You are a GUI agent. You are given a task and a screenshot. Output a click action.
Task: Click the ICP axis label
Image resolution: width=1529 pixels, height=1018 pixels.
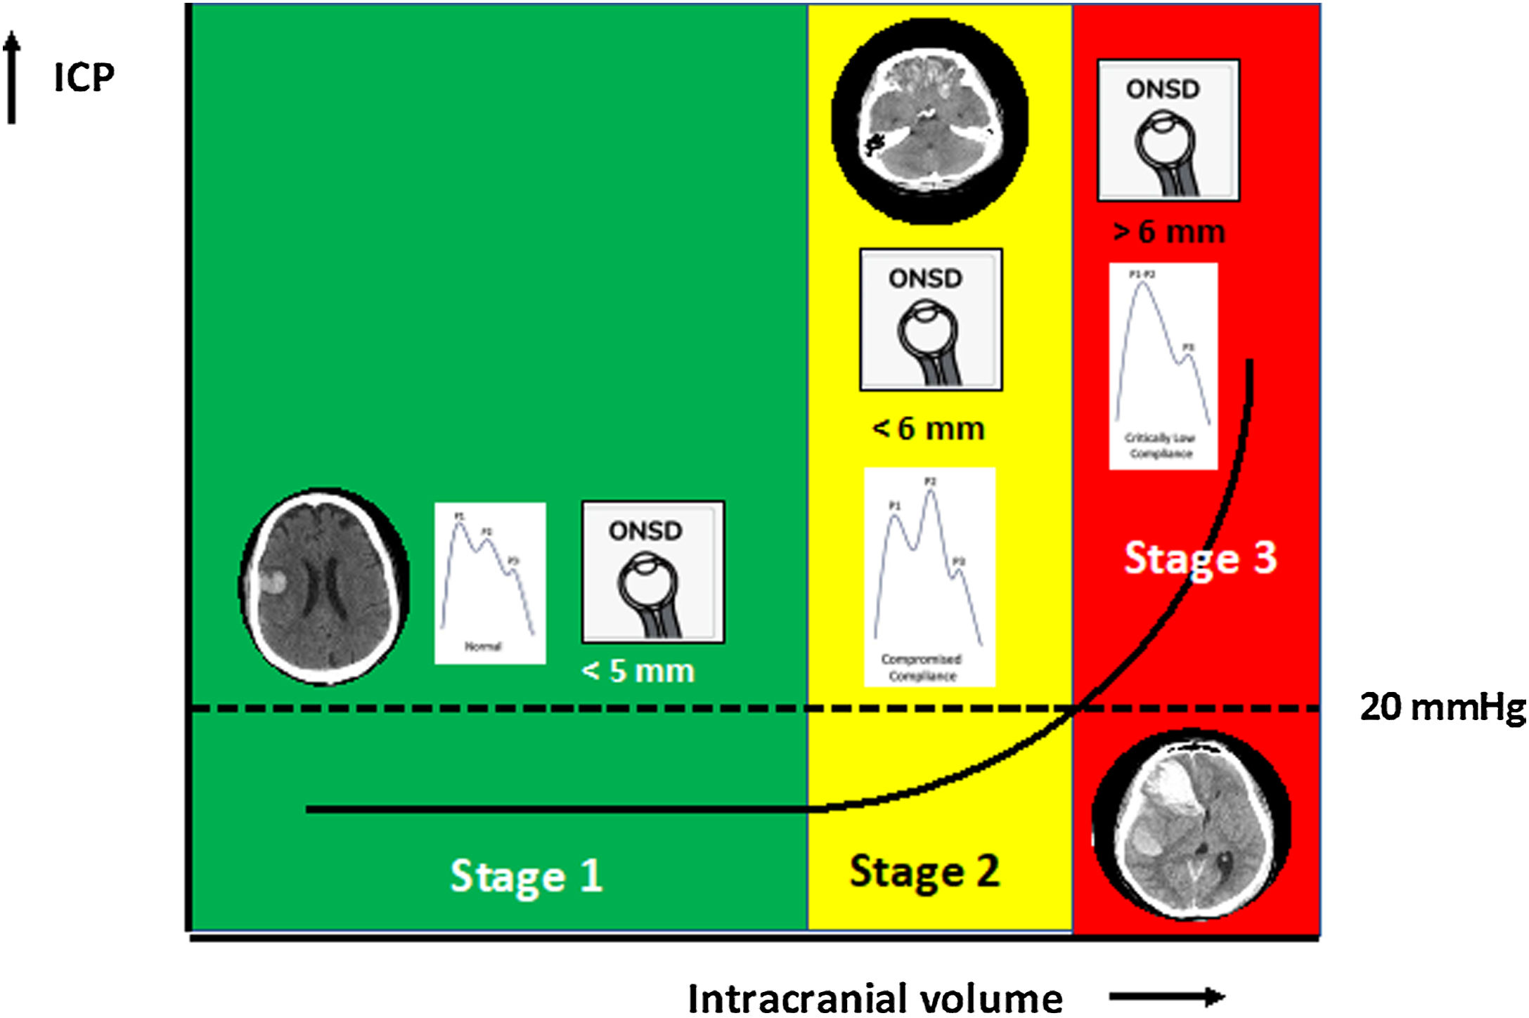pyautogui.click(x=84, y=77)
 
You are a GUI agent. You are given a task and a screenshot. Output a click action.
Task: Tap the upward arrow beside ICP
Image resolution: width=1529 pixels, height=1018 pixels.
pyautogui.click(x=11, y=77)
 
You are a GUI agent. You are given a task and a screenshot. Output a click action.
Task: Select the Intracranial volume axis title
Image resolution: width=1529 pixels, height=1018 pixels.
pyautogui.click(x=875, y=998)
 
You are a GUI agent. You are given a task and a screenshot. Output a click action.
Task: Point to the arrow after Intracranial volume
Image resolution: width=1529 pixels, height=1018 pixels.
pyautogui.click(x=1167, y=996)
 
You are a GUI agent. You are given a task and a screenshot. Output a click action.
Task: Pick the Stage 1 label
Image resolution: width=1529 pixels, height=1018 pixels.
pyautogui.click(x=526, y=876)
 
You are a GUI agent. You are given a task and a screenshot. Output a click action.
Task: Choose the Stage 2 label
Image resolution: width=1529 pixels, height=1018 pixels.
pyautogui.click(x=924, y=871)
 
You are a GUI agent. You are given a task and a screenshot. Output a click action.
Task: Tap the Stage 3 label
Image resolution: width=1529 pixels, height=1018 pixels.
pyautogui.click(x=1200, y=559)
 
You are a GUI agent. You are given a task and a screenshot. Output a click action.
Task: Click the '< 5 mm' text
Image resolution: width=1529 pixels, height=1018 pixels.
pyautogui.click(x=638, y=671)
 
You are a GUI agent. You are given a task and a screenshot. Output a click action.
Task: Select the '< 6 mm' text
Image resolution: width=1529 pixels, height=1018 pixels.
pyautogui.click(x=928, y=429)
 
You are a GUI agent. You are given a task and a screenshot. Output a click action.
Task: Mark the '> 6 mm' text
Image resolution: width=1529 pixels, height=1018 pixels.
pyautogui.click(x=1169, y=232)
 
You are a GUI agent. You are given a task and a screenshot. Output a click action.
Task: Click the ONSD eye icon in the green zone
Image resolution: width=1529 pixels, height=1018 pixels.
pyautogui.click(x=653, y=571)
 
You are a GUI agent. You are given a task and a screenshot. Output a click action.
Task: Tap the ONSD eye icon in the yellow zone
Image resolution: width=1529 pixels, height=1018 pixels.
pyautogui.click(x=931, y=319)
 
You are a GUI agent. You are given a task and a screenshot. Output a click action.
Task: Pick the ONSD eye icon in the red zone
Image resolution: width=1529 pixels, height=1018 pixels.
pyautogui.click(x=1168, y=130)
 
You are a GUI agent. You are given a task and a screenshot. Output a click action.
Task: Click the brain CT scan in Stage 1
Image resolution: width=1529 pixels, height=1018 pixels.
pyautogui.click(x=324, y=587)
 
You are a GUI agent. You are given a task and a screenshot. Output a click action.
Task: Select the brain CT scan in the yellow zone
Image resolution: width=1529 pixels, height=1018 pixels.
pyautogui.click(x=929, y=121)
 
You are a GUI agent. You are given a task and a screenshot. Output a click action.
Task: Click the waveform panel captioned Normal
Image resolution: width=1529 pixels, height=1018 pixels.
pyautogui.click(x=490, y=583)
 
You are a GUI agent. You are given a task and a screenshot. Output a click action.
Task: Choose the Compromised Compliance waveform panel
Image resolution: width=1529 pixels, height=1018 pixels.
pyautogui.click(x=929, y=577)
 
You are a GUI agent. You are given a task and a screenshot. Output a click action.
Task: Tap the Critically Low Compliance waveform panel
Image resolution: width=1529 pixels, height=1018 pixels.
pyautogui.click(x=1163, y=366)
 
